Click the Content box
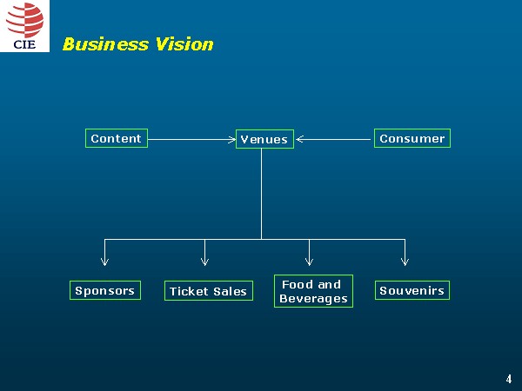pos(116,138)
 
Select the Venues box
pos(264,139)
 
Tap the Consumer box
pos(412,138)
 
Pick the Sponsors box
pos(104,290)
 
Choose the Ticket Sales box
pos(208,291)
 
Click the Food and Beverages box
pos(313,291)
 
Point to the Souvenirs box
pos(412,290)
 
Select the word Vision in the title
pos(184,44)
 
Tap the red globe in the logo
pos(24,19)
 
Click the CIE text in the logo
pos(24,43)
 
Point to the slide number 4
pos(509,379)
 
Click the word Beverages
pos(313,299)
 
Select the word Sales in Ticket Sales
pos(230,292)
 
